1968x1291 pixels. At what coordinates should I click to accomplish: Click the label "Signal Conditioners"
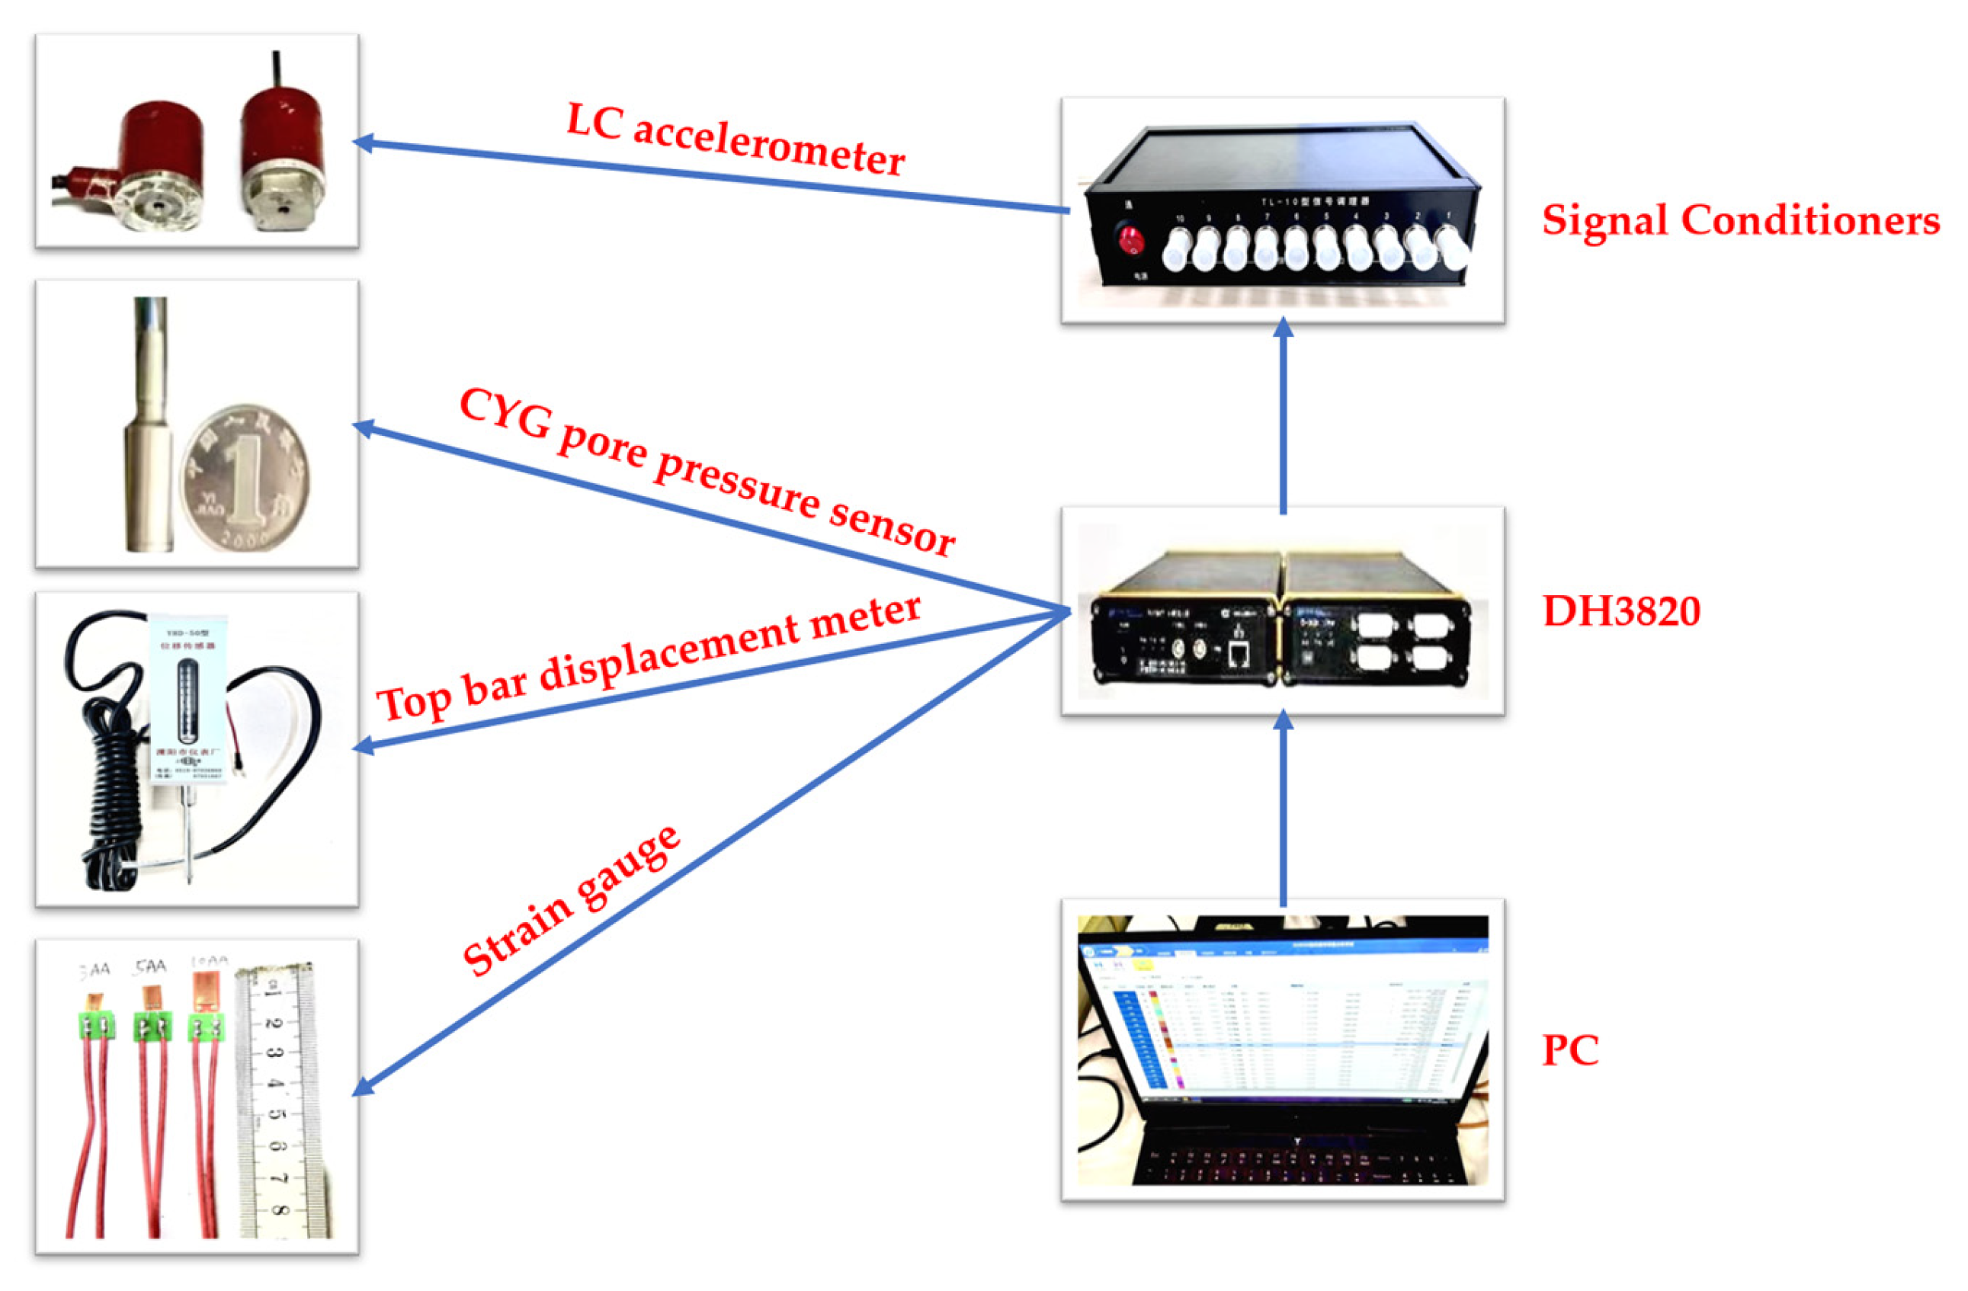pos(1740,221)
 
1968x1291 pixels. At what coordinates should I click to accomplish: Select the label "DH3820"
pos(1620,612)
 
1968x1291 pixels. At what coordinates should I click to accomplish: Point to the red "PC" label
pos(1569,1050)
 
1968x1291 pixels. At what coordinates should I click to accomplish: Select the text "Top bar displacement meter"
pos(649,658)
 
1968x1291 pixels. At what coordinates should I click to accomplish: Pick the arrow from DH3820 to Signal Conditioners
pos(1283,418)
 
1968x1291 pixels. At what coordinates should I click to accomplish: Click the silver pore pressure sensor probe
pos(149,430)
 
